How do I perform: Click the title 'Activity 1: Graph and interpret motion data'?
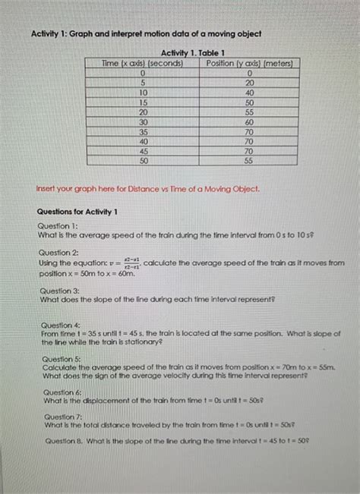tap(145, 34)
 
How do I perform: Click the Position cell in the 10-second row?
tap(249, 92)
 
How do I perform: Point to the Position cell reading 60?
tap(249, 121)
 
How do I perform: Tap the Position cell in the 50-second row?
tap(249, 161)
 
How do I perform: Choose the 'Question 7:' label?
tap(62, 417)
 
